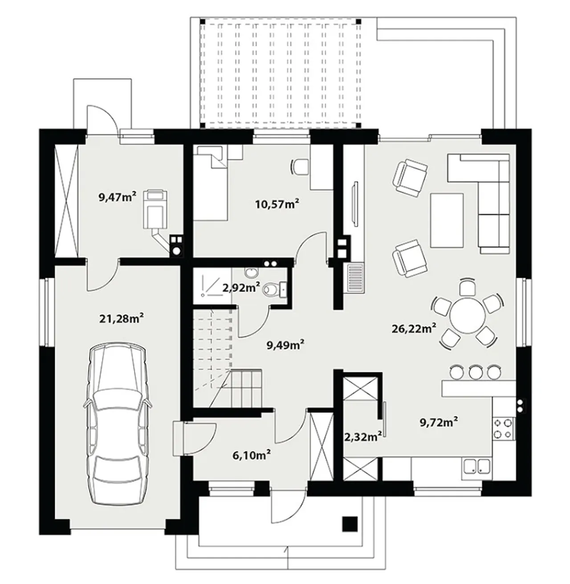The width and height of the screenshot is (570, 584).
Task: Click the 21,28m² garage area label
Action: coord(121,318)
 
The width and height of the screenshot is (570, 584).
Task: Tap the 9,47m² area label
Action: coord(118,197)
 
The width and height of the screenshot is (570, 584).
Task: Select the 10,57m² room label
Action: coord(277,204)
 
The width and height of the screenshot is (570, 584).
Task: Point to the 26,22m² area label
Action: coord(414,328)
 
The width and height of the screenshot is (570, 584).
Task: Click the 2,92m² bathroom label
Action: coord(241,288)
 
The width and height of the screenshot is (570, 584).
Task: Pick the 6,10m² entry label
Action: coord(252,455)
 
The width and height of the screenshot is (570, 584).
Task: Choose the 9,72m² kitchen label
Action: coord(439,422)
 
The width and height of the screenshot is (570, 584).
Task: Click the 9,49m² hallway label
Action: coord(286,345)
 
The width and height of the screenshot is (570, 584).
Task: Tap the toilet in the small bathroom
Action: coord(275,289)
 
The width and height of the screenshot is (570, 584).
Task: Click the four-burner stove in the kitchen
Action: coord(503,429)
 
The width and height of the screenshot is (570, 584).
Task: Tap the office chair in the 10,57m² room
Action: coord(300,167)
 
